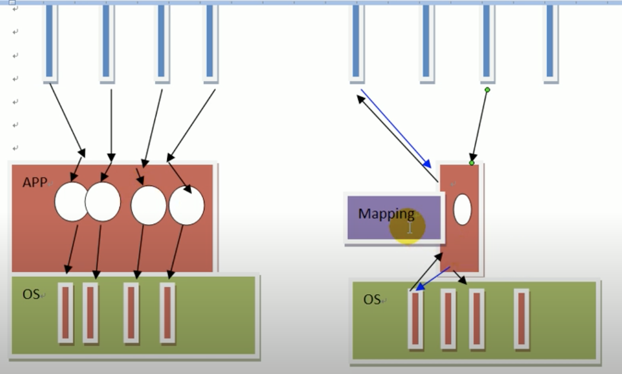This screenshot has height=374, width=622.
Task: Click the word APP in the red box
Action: pos(34,182)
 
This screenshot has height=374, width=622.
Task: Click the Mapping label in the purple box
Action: pos(386,214)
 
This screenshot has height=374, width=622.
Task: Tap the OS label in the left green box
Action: pos(31,294)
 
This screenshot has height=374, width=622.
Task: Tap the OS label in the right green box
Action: pos(372,300)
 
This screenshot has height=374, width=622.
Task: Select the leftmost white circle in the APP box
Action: pos(71,201)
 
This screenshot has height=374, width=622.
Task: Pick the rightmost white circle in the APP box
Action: pos(187,206)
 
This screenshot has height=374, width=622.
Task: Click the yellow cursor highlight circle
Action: pos(407,226)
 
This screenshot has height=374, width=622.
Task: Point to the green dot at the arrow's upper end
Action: pos(487,89)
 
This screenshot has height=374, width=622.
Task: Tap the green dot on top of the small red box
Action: pos(471,163)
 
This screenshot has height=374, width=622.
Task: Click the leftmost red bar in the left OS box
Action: pos(66,312)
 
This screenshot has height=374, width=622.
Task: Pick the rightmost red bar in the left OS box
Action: pos(167,312)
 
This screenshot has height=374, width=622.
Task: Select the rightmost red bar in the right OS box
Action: pos(521,319)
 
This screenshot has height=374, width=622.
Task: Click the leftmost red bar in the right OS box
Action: pos(415,320)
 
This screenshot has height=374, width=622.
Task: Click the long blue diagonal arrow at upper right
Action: pos(395,128)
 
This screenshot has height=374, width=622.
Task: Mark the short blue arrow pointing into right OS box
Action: pos(433,279)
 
